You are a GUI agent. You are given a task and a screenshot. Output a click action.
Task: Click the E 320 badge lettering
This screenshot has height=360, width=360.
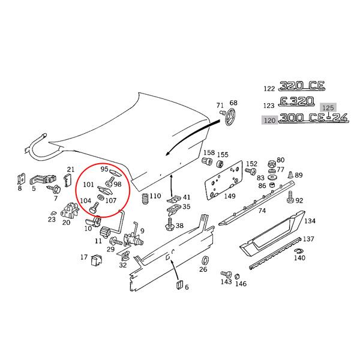click(x=299, y=103)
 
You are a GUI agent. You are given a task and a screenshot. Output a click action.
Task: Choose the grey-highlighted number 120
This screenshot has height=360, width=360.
click(x=269, y=120)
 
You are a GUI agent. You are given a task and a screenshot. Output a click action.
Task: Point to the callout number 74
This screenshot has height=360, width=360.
click(x=262, y=211)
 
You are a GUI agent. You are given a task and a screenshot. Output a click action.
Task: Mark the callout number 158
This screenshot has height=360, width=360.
click(x=209, y=153)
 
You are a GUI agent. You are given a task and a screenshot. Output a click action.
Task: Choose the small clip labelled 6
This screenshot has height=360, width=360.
click(x=179, y=284)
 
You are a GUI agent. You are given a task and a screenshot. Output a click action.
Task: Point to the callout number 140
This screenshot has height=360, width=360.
click(x=299, y=258)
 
